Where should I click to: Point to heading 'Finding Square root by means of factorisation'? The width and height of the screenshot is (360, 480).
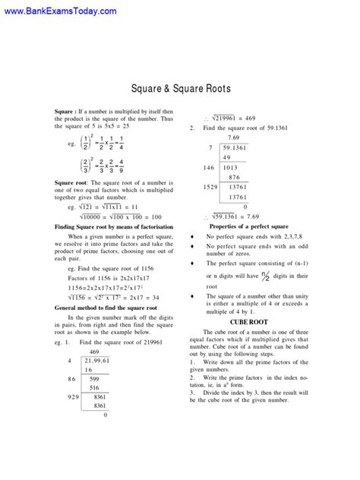click(x=115, y=227)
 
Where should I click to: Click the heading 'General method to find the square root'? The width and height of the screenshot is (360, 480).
click(x=110, y=308)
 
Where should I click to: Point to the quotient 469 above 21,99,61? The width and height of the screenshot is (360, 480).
click(x=94, y=352)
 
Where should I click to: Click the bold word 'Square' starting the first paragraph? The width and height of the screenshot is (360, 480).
click(x=65, y=111)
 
